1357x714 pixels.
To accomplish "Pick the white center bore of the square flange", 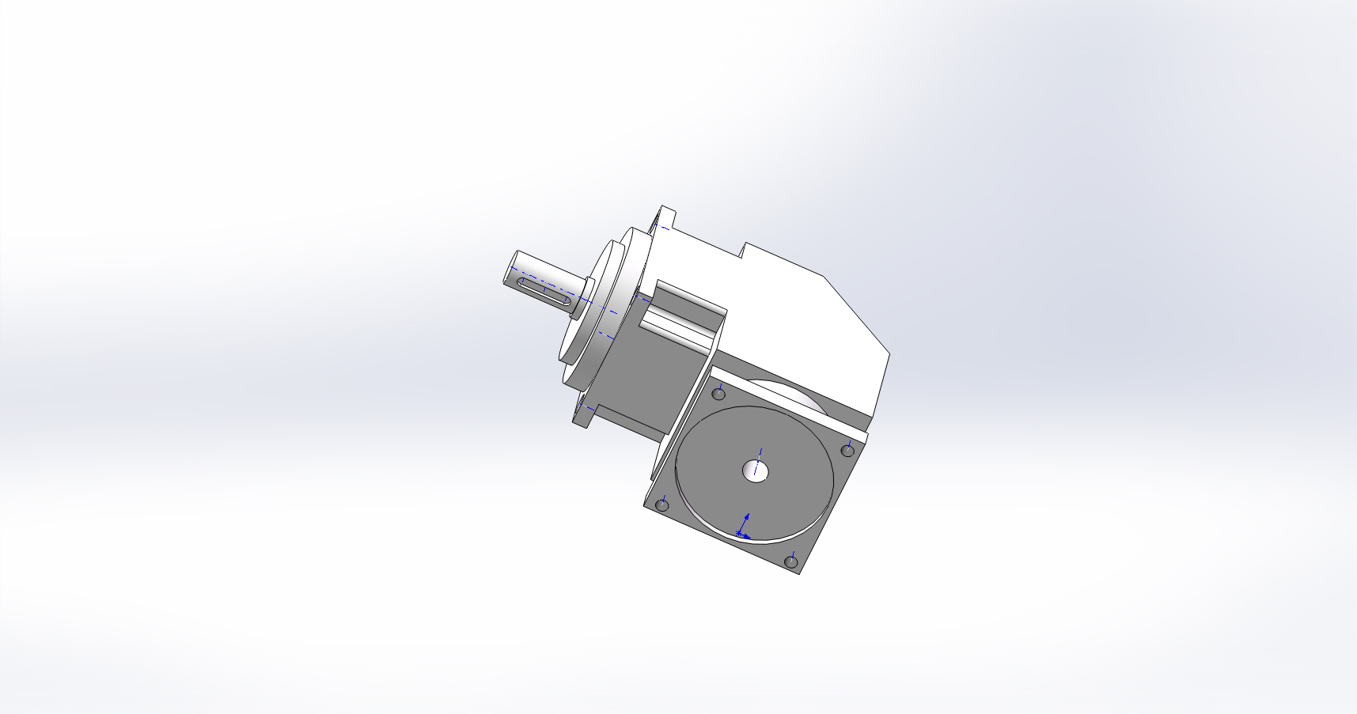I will coord(756,471).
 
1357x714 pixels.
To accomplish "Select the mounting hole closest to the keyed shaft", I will coord(718,393).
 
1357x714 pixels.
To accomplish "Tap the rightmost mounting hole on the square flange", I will coord(847,451).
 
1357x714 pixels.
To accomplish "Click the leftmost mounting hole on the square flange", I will coord(662,505).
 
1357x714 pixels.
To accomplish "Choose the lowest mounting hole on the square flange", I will coord(790,562).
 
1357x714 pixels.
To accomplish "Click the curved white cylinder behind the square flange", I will coord(791,395).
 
